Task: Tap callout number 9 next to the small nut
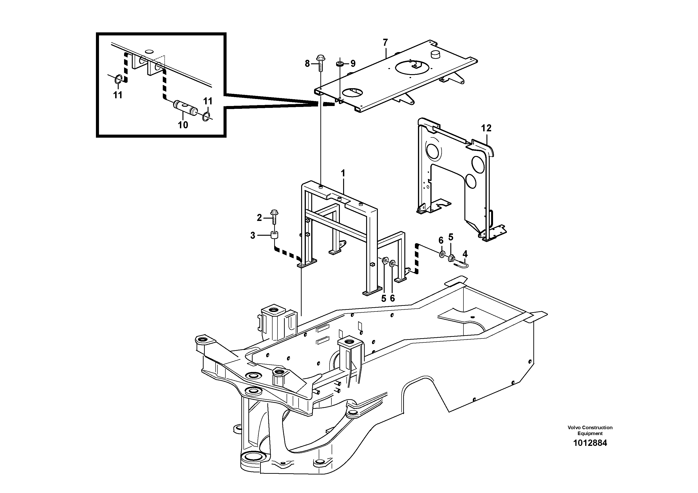353,64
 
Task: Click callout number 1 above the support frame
343,173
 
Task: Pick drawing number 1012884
590,443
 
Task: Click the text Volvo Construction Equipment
590,430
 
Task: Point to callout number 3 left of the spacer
253,235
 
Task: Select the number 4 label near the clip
465,254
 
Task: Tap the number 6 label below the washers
392,298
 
